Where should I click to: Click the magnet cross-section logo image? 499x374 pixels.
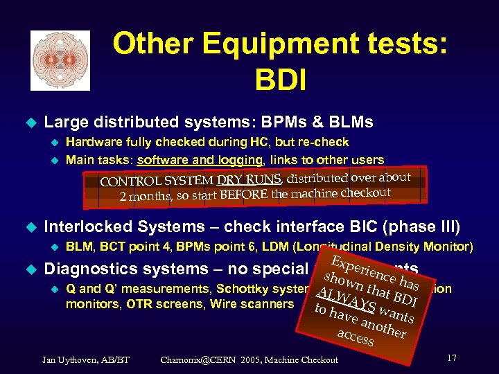[x=60, y=60]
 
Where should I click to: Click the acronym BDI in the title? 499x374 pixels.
[x=280, y=80]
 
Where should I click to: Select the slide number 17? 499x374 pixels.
[x=451, y=358]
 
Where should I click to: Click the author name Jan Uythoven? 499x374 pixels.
[x=76, y=359]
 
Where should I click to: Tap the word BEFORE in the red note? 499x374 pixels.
[x=243, y=195]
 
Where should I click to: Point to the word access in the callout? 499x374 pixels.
[x=355, y=337]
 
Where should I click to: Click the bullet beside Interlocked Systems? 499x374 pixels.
[x=28, y=226]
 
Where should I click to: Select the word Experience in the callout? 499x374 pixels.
[x=356, y=269]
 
